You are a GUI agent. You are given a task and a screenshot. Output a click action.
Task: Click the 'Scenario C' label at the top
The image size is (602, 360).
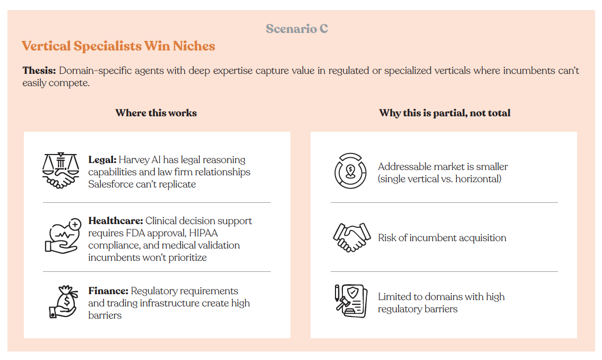pos(297,29)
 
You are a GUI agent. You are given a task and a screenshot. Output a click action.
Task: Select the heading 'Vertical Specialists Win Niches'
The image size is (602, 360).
pos(118,46)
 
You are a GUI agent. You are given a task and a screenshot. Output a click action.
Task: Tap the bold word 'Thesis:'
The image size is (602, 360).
pos(39,71)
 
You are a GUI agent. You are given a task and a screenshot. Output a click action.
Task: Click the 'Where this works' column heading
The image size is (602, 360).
pos(156,113)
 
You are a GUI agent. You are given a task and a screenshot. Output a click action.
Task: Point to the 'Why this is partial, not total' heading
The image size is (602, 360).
pos(444,113)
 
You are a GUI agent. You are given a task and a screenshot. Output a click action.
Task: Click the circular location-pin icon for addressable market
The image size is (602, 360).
pos(350,171)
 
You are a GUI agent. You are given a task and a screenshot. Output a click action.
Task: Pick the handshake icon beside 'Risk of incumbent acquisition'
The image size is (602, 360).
pos(351,237)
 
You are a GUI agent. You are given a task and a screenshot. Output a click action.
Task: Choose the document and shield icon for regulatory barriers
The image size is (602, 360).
pos(351,301)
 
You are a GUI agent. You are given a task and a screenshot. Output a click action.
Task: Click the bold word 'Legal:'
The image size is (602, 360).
pos(102,159)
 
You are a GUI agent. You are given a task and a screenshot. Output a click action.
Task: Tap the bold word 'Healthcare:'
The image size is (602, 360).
pos(116,221)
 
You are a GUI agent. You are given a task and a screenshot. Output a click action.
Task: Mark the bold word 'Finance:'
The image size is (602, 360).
pos(108,291)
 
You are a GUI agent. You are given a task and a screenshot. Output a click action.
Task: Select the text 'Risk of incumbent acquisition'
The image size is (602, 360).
pos(442,238)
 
